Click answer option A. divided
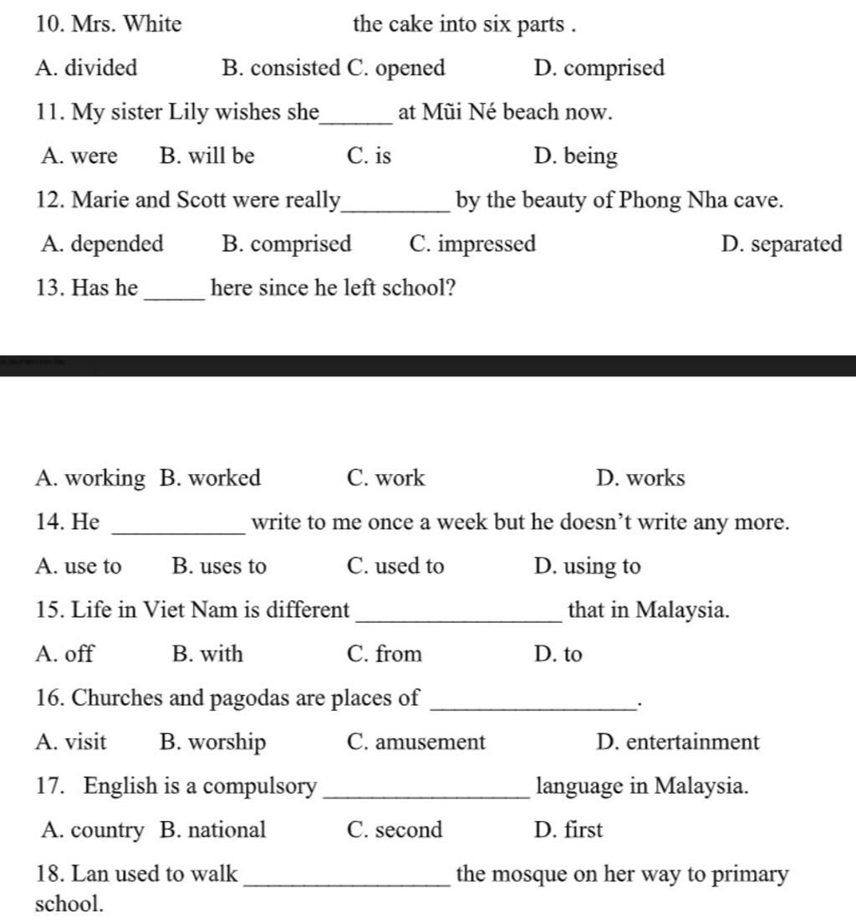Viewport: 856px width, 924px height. [86, 68]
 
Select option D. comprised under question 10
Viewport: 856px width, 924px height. [599, 68]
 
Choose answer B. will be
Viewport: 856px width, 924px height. [206, 156]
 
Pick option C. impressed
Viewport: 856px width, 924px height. [473, 244]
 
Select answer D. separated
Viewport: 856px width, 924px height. [781, 244]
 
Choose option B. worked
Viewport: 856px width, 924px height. [210, 478]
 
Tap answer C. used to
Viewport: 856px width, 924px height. [395, 566]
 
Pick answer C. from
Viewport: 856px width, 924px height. [384, 654]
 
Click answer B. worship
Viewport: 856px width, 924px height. [212, 742]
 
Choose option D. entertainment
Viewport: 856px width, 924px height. [678, 742]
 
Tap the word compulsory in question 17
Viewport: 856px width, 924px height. [260, 786]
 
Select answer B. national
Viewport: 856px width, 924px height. [212, 830]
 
